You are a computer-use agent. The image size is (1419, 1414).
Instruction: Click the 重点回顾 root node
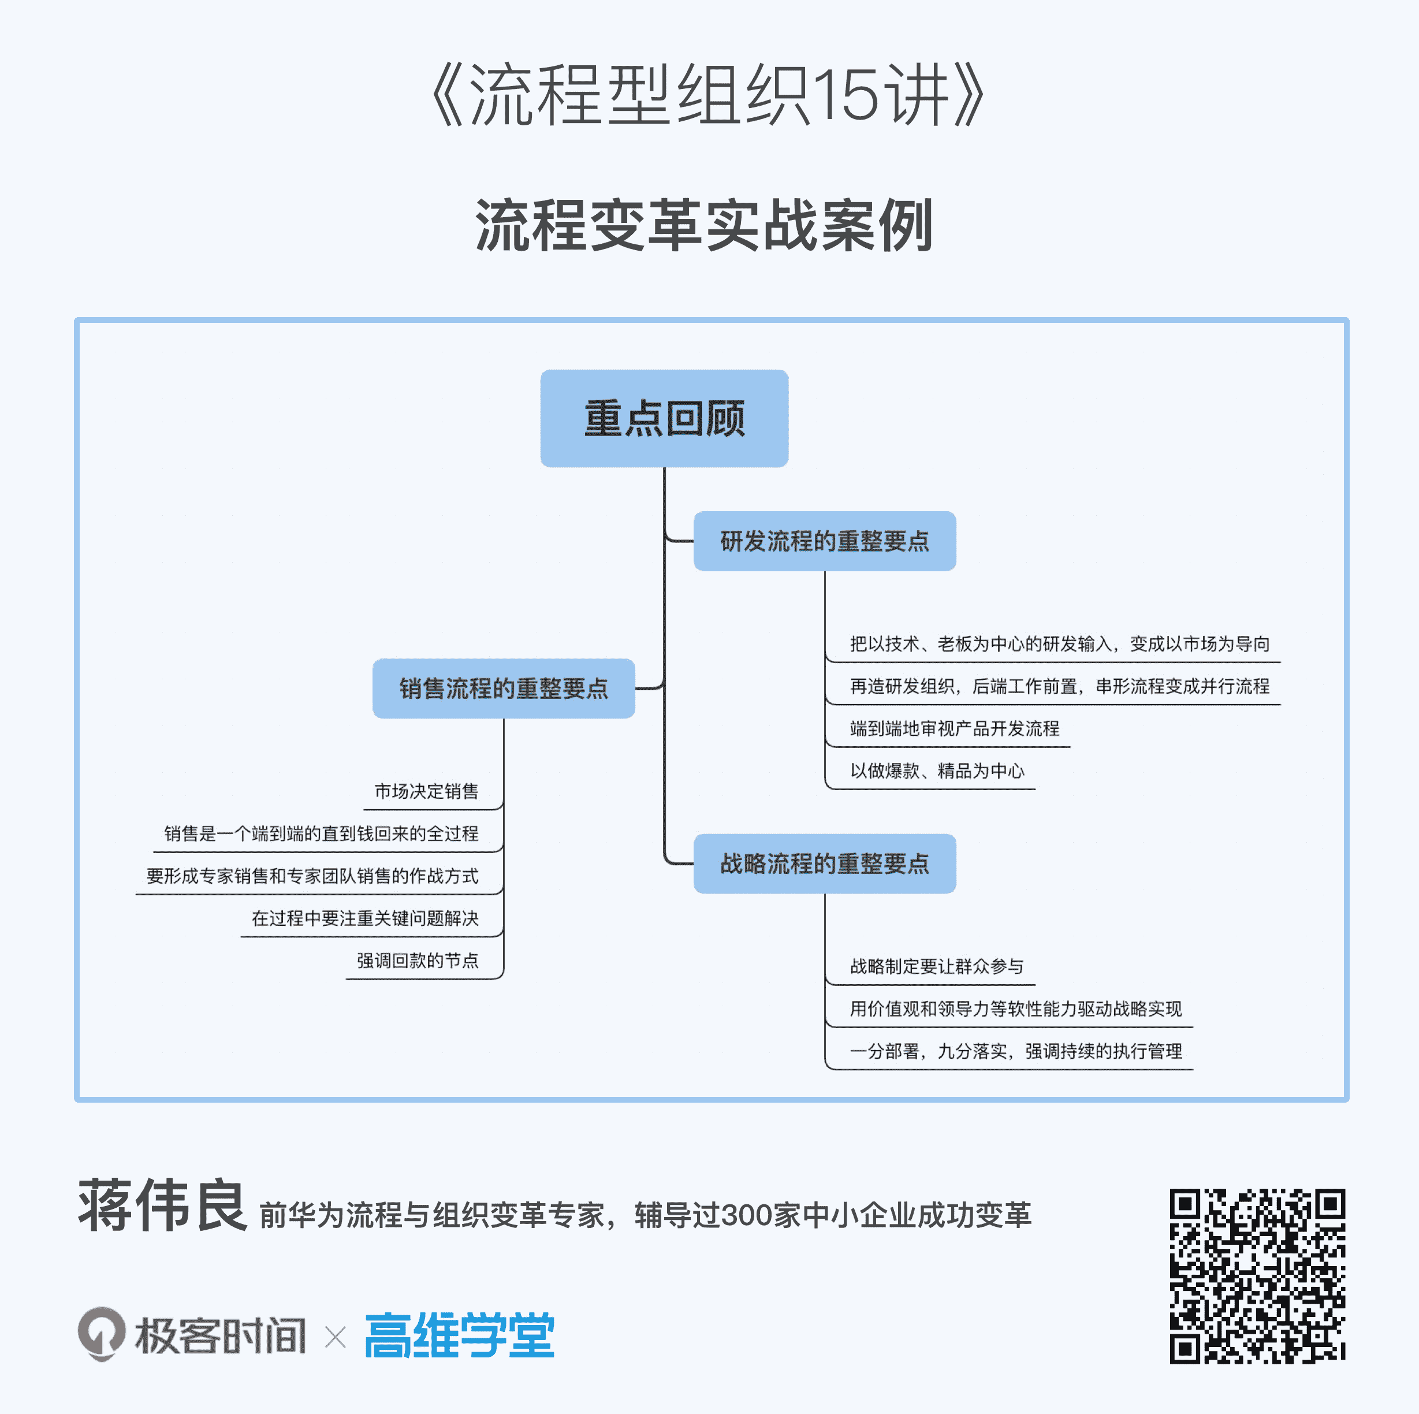[664, 418]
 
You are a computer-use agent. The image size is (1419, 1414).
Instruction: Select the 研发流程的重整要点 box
[824, 541]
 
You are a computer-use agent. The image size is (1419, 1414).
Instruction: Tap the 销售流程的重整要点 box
[503, 689]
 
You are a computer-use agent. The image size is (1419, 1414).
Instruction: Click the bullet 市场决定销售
[426, 791]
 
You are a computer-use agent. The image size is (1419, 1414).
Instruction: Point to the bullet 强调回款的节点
[417, 960]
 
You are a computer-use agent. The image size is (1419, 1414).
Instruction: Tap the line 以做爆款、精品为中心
[936, 771]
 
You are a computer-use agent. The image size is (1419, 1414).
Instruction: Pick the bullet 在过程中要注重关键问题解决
[365, 918]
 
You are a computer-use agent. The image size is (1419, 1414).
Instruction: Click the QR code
[1257, 1276]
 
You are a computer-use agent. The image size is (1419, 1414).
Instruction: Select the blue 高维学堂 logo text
[460, 1335]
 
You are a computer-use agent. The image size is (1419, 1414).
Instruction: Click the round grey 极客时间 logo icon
[102, 1333]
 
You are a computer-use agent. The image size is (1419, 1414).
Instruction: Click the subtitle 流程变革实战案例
[703, 225]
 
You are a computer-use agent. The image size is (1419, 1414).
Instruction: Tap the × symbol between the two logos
[335, 1337]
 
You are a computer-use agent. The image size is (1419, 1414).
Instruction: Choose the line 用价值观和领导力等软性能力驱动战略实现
[1016, 1009]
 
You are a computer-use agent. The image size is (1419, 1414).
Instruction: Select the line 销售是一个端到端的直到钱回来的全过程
[321, 833]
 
